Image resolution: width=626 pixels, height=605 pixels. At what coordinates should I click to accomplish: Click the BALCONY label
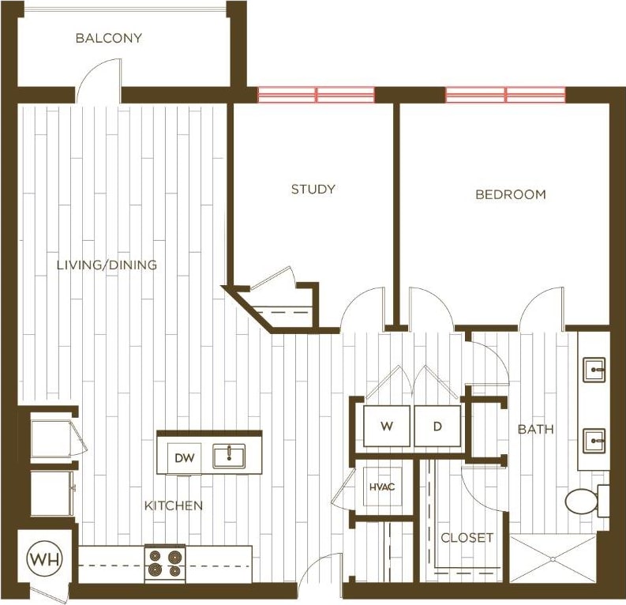[109, 38]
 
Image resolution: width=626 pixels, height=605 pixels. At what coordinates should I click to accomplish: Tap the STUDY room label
[313, 189]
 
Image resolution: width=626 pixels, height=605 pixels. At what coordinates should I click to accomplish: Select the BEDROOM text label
[510, 194]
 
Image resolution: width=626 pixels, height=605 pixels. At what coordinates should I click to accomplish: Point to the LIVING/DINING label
[107, 265]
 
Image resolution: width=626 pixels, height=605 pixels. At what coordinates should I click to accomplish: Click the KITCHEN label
[173, 505]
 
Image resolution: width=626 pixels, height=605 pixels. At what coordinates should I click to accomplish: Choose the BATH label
[535, 430]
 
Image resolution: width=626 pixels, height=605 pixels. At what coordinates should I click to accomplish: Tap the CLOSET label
[467, 538]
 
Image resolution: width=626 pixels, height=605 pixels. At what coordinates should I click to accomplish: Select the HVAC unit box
[381, 487]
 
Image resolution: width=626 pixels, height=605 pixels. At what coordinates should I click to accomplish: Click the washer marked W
[386, 427]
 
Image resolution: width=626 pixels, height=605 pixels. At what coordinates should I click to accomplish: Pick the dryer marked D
[437, 427]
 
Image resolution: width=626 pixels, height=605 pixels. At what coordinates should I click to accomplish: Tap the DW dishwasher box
[183, 457]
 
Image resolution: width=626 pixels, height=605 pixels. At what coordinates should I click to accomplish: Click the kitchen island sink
[229, 456]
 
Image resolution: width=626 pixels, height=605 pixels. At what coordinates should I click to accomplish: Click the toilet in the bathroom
[583, 501]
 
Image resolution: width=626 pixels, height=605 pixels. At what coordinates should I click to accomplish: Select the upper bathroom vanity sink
[594, 369]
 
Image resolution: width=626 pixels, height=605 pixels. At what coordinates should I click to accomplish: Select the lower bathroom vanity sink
[594, 438]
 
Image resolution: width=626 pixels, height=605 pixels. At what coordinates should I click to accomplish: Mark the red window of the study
[316, 95]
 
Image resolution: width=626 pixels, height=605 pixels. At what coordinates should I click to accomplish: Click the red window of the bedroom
[505, 95]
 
